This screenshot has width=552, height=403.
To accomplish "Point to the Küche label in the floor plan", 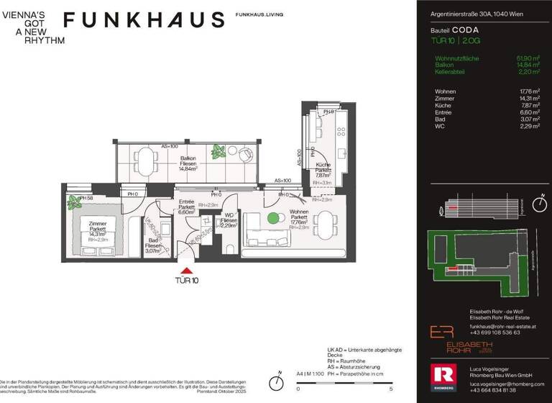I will tap(323, 169).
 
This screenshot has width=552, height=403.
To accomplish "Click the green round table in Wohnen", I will tap(272, 218).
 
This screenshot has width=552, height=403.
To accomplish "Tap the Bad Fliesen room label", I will tap(153, 245).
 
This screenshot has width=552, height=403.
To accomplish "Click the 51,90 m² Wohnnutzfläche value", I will tap(528, 58).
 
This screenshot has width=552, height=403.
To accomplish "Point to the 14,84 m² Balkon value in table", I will tap(528, 65).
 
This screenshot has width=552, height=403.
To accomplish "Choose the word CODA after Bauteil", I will tap(466, 31).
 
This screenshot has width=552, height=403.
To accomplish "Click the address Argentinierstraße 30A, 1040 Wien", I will tap(477, 13).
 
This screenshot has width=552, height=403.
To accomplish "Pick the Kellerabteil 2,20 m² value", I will tap(529, 72).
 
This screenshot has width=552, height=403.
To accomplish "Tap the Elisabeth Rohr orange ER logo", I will tap(439, 332).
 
